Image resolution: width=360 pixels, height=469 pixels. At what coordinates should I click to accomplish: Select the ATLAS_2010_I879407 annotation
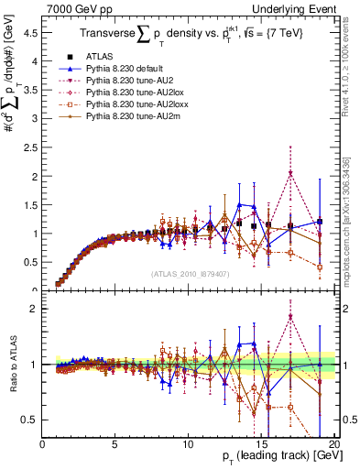point(189,272)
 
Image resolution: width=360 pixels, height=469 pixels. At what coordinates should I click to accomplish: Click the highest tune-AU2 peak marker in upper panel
point(290,174)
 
